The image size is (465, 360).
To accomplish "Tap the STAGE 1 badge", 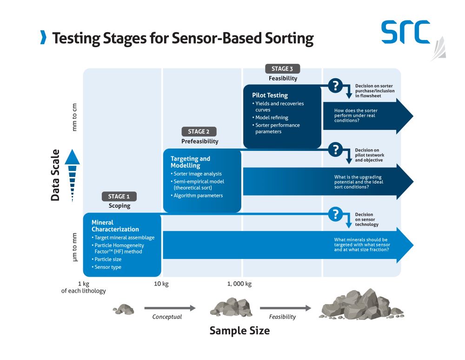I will coord(120,197).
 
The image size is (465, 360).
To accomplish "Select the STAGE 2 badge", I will coord(199,132).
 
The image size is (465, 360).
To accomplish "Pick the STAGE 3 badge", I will coord(282,69).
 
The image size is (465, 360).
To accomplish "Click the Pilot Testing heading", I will coord(270,95).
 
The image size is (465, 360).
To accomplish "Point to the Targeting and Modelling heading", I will coord(190,162).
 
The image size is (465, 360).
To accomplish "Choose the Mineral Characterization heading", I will coord(115,226).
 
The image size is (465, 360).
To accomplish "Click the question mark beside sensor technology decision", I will coord(335,214).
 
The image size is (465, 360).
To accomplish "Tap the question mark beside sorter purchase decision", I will coord(335,86).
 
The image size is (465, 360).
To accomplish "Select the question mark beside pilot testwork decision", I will coord(335,149).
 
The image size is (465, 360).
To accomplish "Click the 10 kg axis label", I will coord(161,284).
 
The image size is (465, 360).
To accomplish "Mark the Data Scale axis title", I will coord(55,175).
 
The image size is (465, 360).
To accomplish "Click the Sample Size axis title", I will coord(239,331).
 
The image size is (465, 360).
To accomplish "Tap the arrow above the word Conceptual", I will coord(170,308).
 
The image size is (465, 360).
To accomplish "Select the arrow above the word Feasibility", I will coord(285,308).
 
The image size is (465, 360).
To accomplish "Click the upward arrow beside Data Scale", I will coord(72,175).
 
